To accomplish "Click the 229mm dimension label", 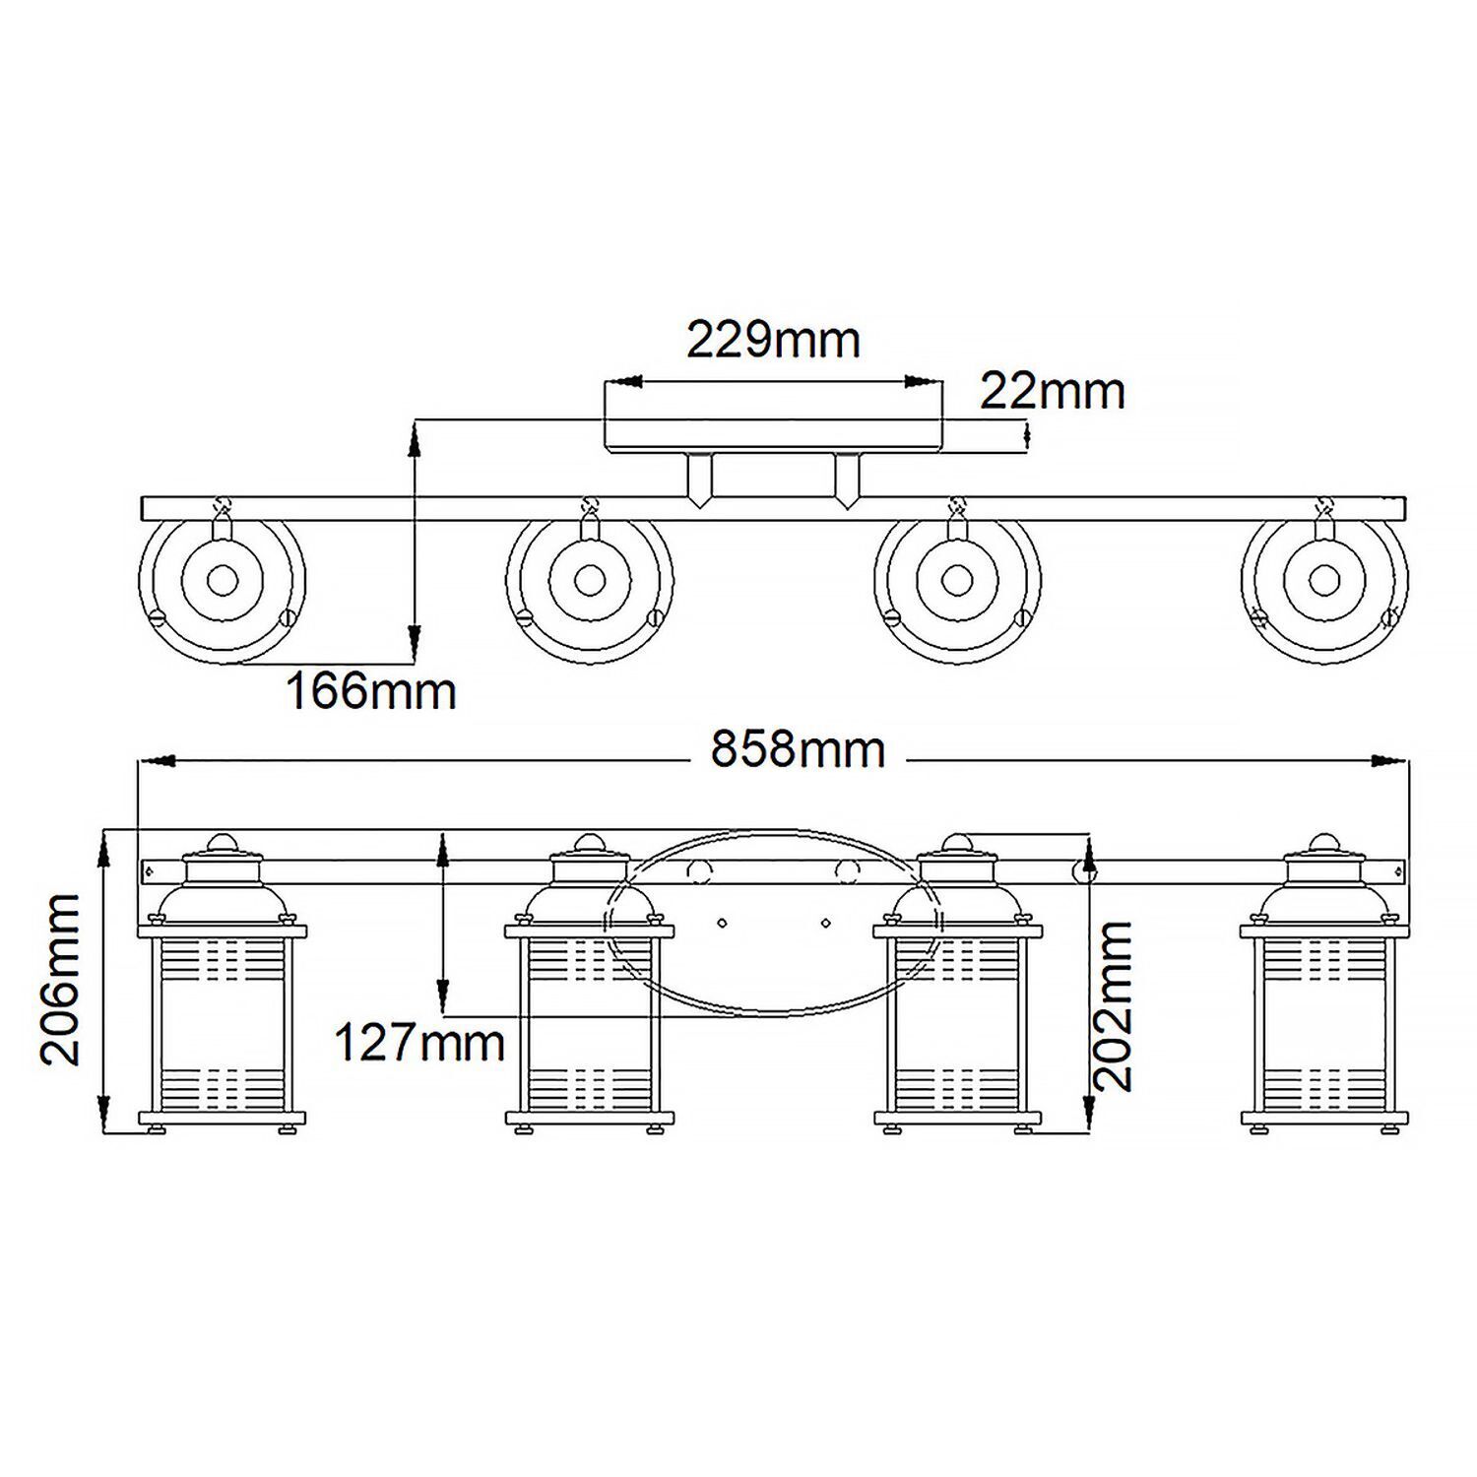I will tap(773, 341).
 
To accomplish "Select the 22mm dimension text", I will tap(1052, 392).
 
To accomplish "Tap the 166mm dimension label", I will tap(371, 691).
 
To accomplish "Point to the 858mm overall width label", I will tap(798, 750).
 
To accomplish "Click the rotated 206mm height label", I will tap(61, 980).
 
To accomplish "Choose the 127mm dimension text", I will tap(419, 1042).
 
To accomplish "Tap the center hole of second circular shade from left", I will tap(590, 580).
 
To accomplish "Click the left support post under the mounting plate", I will tap(699, 479).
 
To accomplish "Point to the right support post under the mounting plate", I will tap(846, 479).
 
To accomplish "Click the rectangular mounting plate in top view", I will tap(773, 434).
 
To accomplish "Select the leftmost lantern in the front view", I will tap(223, 1014).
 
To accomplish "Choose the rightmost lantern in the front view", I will tap(1324, 1014).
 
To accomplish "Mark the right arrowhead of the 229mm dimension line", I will tap(923, 380).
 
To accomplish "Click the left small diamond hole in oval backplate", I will tap(722, 923).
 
